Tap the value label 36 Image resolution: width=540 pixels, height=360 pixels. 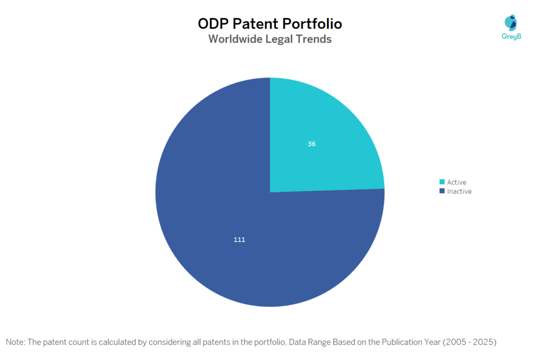[x=312, y=143]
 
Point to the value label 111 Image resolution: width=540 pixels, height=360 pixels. [x=239, y=239]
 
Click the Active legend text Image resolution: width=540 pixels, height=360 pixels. [x=457, y=182]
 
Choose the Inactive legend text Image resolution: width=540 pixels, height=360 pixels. [x=459, y=191]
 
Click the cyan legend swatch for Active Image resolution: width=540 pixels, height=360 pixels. [x=442, y=182]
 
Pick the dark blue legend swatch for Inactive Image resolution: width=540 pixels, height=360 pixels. [x=442, y=191]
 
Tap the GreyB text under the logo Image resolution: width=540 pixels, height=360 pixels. [x=510, y=36]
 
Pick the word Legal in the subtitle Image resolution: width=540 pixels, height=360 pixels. [x=281, y=39]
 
